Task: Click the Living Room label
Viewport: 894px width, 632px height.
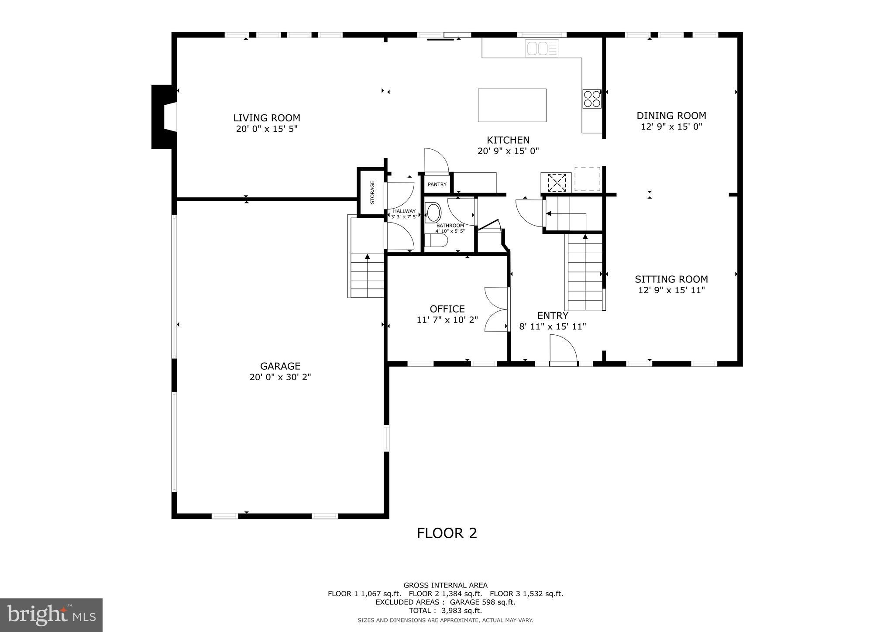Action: click(x=266, y=118)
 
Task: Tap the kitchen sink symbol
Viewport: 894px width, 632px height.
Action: click(x=542, y=48)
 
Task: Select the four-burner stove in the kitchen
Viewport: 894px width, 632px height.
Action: click(x=592, y=99)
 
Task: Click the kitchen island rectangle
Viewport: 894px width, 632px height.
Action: click(x=512, y=105)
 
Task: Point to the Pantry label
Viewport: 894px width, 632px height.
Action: click(x=437, y=185)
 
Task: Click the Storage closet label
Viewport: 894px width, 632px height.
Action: click(x=372, y=192)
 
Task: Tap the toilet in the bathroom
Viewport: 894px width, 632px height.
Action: click(x=437, y=240)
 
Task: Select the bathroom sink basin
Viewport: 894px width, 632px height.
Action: click(x=433, y=213)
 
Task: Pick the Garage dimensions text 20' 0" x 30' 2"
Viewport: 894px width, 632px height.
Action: click(x=280, y=377)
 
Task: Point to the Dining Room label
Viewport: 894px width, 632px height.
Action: click(x=671, y=116)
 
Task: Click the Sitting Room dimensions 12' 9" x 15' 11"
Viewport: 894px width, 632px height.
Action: click(x=671, y=290)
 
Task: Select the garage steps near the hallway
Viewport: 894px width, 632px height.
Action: click(x=367, y=275)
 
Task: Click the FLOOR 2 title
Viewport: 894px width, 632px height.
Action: click(x=447, y=533)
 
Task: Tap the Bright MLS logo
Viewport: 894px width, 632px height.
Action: click(x=51, y=615)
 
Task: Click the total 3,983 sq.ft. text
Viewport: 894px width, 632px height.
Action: click(x=445, y=611)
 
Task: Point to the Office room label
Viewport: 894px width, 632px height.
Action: click(x=447, y=309)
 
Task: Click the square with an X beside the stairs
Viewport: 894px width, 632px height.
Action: click(x=557, y=182)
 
